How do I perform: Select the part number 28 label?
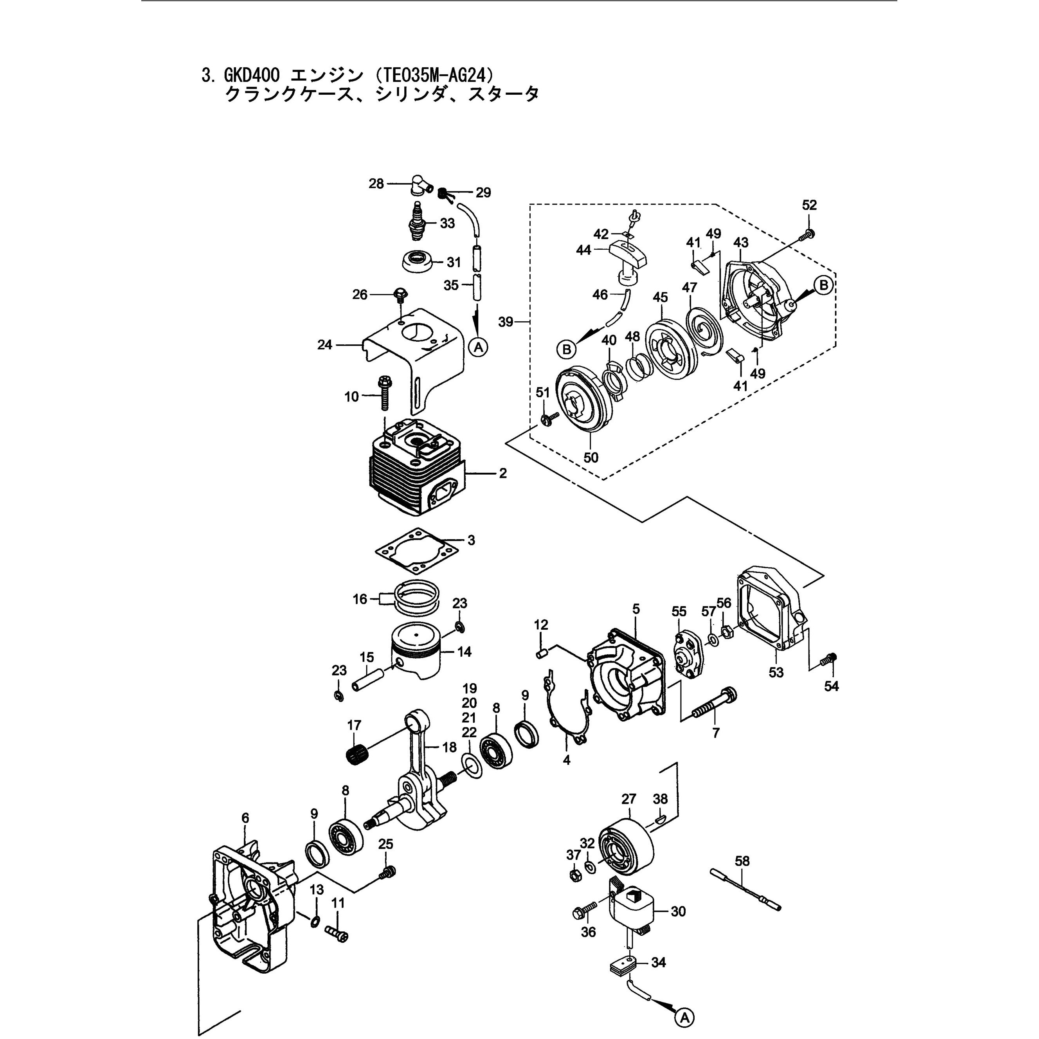(376, 184)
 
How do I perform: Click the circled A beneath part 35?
(478, 348)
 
